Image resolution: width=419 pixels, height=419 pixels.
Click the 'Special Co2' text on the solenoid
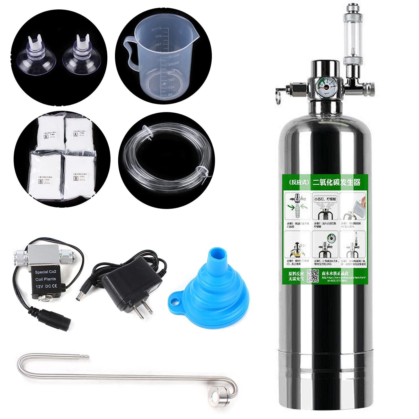pos(46,272)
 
